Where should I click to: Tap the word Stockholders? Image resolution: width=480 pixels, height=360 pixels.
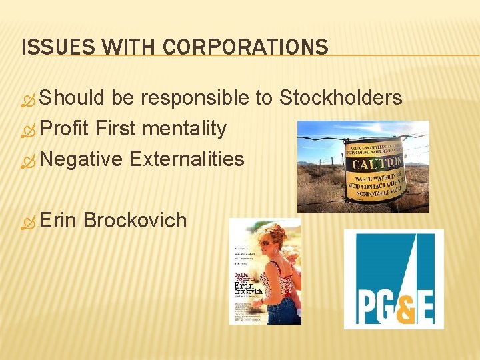coord(341,98)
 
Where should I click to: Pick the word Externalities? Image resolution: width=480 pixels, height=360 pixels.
coord(187,159)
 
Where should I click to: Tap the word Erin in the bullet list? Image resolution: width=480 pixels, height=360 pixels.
coord(58,220)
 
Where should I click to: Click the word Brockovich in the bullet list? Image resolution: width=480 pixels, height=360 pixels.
coord(135,220)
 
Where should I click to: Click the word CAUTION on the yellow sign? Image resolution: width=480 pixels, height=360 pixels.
coord(377,163)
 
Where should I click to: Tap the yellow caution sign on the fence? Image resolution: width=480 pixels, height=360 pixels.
coord(375,170)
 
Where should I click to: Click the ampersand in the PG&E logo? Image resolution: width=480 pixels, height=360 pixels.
coord(397,307)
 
